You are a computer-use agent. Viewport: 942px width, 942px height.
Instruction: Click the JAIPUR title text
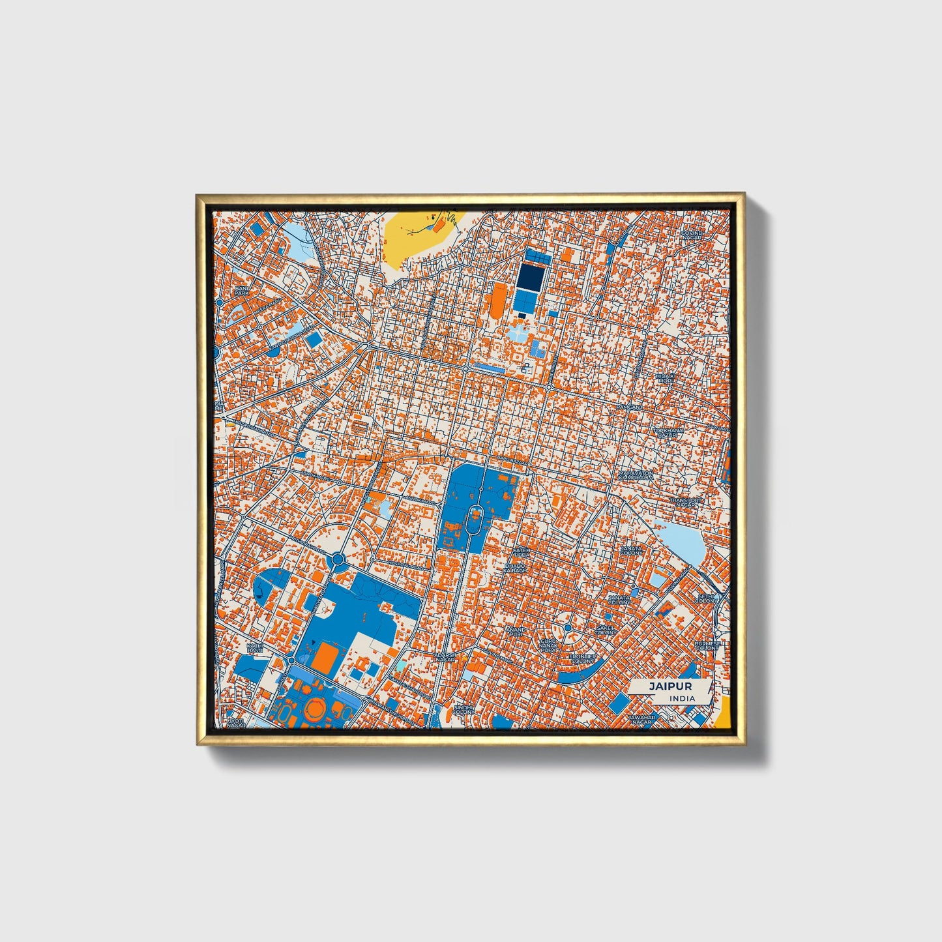click(670, 686)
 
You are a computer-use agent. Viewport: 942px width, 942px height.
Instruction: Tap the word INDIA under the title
click(681, 699)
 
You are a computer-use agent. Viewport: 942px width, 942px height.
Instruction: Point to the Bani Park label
click(241, 291)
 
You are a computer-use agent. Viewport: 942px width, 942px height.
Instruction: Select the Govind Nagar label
click(692, 235)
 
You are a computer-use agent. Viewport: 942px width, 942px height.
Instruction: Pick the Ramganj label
click(630, 407)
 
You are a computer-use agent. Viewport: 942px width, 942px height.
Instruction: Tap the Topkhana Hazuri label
click(670, 432)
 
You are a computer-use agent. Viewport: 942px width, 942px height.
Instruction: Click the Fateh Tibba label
click(521, 553)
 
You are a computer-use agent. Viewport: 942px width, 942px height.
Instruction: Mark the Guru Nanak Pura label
click(548, 645)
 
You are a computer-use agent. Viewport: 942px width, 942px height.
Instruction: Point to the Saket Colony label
click(606, 630)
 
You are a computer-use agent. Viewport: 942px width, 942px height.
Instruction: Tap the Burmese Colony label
click(707, 645)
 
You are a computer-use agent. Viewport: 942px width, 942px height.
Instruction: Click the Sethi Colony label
click(707, 598)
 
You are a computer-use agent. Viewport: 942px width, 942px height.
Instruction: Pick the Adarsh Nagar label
click(445, 656)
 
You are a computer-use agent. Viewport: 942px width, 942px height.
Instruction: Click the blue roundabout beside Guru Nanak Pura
click(568, 627)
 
